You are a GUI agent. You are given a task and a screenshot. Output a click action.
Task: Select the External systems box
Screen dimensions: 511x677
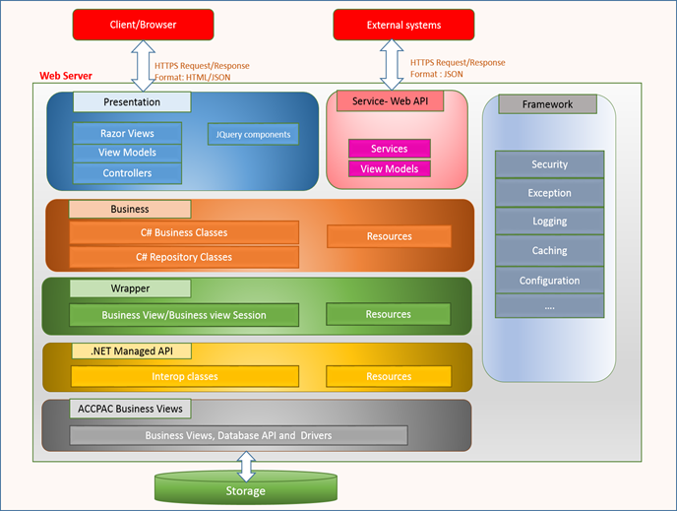tap(403, 25)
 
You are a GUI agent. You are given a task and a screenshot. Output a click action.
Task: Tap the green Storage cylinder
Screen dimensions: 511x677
tap(246, 489)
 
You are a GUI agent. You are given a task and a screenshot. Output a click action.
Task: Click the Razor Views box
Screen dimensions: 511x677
tap(127, 133)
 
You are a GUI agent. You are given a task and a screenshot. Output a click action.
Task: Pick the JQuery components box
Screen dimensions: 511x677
tap(252, 134)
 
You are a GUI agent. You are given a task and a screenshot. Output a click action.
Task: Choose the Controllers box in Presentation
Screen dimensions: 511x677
tap(127, 173)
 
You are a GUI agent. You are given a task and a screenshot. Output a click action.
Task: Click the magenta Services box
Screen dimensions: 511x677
tap(390, 149)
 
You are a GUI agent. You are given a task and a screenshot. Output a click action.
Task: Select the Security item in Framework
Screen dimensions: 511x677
tap(549, 164)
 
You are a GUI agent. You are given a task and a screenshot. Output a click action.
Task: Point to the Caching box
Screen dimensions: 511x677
tap(549, 251)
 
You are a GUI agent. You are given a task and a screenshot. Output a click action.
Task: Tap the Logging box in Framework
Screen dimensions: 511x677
tap(549, 223)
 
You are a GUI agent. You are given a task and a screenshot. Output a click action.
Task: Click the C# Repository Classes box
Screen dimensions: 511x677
tap(184, 257)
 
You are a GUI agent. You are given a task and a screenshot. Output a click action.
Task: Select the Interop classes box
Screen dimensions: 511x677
tap(185, 376)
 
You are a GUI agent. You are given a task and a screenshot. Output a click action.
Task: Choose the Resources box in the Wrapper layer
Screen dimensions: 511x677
tap(389, 314)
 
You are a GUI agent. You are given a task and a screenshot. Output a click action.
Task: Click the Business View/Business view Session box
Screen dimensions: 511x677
tap(184, 315)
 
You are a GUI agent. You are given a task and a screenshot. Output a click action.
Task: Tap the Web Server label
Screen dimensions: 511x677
tap(66, 76)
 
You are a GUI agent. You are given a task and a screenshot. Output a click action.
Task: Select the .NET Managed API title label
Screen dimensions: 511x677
tap(131, 351)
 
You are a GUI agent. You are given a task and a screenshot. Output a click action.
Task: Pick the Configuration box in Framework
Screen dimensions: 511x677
tap(549, 281)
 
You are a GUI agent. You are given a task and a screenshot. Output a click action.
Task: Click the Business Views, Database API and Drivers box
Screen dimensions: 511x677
tap(238, 435)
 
